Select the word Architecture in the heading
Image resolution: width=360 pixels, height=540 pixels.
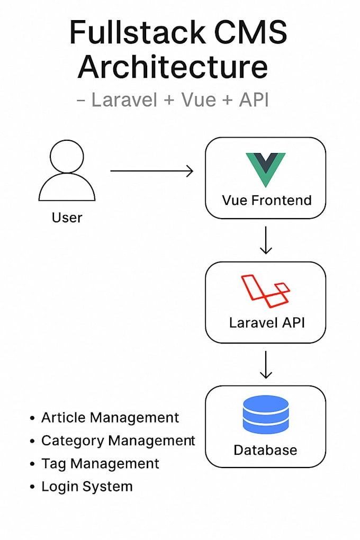[173, 67]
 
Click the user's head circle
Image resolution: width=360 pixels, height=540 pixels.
[67, 156]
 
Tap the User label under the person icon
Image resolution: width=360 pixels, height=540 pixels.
[67, 217]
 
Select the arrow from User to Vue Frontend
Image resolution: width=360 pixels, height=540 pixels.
[151, 171]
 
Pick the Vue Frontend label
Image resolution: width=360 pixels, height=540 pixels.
[266, 200]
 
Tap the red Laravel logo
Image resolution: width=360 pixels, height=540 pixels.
[265, 291]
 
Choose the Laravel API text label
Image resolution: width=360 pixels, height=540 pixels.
[266, 322]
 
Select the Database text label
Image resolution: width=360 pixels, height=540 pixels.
[265, 450]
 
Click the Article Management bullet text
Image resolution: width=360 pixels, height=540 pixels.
[110, 417]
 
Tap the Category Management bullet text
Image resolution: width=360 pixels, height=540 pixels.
[118, 440]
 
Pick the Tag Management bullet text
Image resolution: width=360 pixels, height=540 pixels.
[100, 464]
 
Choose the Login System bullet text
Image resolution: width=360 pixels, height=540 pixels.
[87, 487]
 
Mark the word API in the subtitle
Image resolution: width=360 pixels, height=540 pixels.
[254, 99]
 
